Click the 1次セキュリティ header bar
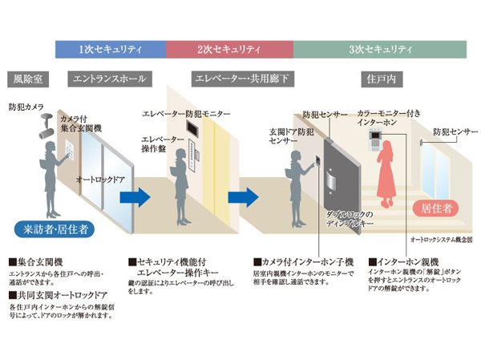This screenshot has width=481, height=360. point(110,50)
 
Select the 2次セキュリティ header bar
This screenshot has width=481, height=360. point(229,50)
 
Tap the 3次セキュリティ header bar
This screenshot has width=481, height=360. point(383,50)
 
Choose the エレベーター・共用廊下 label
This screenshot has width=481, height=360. point(240,80)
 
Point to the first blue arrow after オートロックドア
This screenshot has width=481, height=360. point(140,196)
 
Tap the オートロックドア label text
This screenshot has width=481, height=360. point(99,180)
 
